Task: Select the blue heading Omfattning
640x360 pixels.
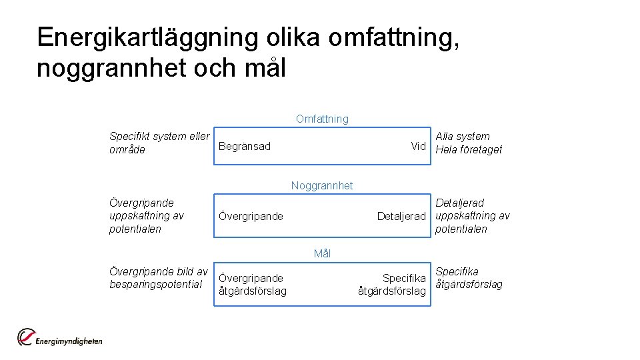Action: click(x=322, y=119)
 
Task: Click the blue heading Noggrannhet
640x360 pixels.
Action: click(x=322, y=185)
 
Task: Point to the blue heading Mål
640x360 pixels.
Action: click(x=322, y=253)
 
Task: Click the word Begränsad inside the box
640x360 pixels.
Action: click(x=245, y=146)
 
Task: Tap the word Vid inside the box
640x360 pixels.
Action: click(x=418, y=146)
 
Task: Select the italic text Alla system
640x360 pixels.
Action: click(x=463, y=136)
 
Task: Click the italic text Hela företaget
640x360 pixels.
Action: click(x=469, y=149)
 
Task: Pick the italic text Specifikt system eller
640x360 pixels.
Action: click(x=159, y=136)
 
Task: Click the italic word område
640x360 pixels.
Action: click(x=127, y=149)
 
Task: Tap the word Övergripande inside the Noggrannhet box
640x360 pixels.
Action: click(x=251, y=216)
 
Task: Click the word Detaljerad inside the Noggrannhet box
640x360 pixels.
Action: click(x=401, y=216)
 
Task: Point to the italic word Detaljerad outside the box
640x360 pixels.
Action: click(x=459, y=203)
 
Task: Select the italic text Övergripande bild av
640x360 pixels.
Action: click(x=159, y=271)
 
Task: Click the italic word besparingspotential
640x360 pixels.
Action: click(x=155, y=285)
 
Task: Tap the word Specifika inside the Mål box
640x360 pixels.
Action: click(x=403, y=278)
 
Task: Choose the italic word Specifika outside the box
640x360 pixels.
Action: click(x=457, y=271)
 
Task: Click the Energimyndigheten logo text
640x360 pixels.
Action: click(x=69, y=341)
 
